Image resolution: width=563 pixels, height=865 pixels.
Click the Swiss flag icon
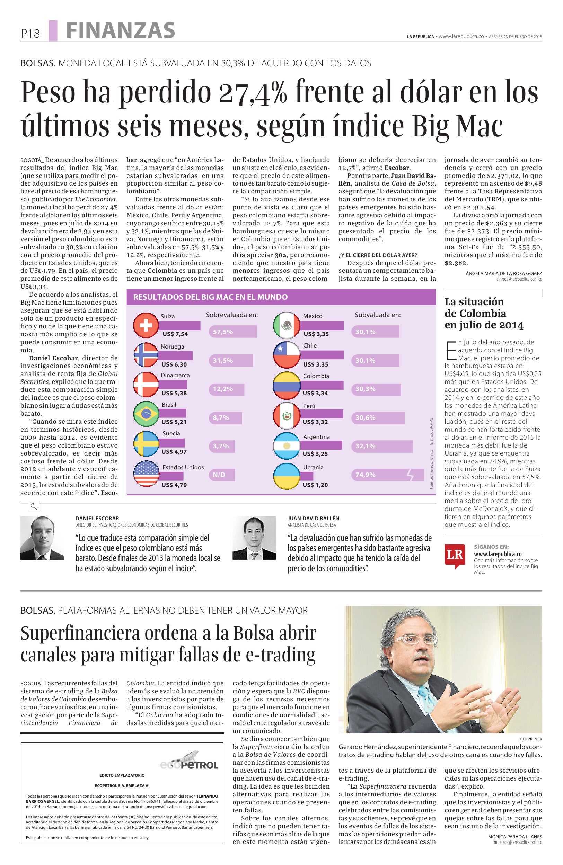coord(146,325)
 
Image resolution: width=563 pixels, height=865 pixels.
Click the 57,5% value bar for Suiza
coord(233,332)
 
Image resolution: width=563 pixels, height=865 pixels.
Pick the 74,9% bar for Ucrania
coord(387,475)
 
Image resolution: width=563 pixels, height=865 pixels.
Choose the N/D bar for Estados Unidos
coord(222,475)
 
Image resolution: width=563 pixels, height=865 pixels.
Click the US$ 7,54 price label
coord(175,334)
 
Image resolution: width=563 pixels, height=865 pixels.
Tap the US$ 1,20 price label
coord(315,485)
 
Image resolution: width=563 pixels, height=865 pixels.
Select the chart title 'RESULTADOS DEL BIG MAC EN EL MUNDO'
coord(210,297)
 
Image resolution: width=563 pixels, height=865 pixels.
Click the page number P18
coord(30,34)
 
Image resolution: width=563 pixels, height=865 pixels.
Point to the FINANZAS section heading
coord(120,30)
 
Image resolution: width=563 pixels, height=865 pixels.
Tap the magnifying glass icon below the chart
coord(34,507)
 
